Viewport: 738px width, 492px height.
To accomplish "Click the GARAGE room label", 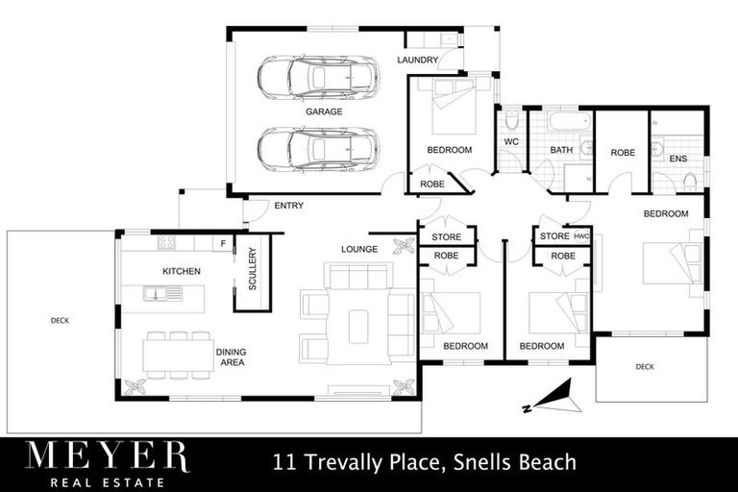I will [324, 111].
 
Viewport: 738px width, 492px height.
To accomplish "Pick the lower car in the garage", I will [318, 149].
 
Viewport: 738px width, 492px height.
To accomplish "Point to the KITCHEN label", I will [181, 271].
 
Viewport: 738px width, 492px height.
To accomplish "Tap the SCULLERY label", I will [253, 269].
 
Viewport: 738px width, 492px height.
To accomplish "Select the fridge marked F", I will [223, 243].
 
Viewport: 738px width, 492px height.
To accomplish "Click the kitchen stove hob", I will [166, 243].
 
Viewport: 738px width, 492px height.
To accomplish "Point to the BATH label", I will [560, 150].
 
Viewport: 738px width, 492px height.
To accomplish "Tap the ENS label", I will [677, 158].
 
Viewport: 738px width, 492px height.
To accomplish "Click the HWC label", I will [580, 235].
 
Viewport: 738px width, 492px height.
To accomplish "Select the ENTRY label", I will [288, 206].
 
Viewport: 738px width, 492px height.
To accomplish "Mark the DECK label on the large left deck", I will [60, 320].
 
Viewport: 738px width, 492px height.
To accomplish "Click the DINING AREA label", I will [232, 357].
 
